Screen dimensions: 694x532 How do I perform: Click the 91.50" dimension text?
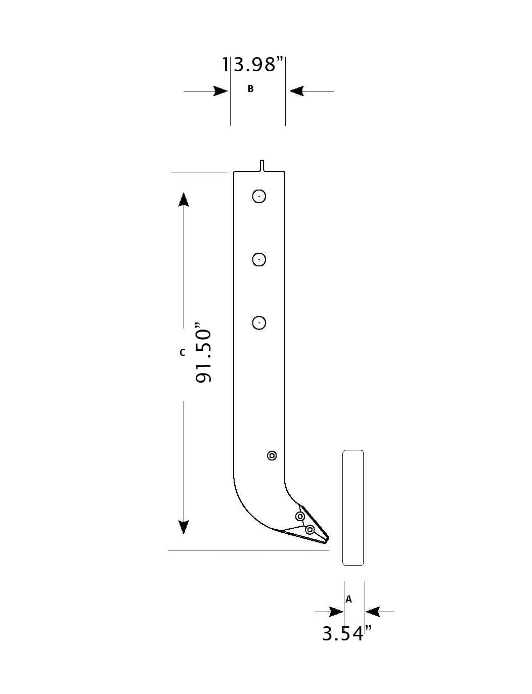tap(204, 352)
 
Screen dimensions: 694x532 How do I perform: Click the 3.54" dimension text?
tap(347, 633)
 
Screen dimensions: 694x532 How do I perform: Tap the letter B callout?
tap(250, 89)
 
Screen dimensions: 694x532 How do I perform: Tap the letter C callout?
tap(183, 352)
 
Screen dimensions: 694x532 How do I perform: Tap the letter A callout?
tap(348, 599)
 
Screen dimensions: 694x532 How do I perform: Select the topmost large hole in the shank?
tap(259, 196)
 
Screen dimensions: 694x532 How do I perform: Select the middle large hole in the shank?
tap(259, 259)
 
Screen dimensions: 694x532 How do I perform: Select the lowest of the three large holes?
tap(259, 322)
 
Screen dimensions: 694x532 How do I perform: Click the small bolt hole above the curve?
tap(272, 456)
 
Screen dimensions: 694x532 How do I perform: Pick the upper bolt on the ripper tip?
tap(300, 517)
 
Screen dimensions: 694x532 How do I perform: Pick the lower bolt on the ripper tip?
tap(310, 529)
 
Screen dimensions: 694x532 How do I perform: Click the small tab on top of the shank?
tap(262, 165)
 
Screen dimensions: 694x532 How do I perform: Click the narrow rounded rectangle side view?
tap(353, 507)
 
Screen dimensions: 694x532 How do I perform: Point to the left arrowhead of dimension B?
tap(221, 91)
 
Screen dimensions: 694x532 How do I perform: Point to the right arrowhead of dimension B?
tap(296, 91)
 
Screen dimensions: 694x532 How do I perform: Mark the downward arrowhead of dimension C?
tap(184, 527)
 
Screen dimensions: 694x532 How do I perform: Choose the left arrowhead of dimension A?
tap(336, 612)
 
